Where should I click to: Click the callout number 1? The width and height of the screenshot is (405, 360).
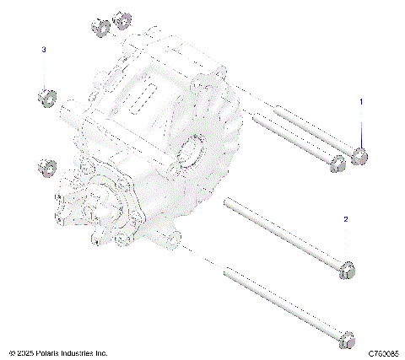pos(361,101)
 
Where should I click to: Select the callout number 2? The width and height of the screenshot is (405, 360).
pos(345,219)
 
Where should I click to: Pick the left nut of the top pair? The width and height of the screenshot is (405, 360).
pos(99,26)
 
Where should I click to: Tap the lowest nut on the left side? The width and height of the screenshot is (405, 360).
pos(46,167)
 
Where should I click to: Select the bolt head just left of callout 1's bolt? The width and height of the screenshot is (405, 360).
pos(337,163)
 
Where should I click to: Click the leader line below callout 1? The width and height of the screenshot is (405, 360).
pos(361,126)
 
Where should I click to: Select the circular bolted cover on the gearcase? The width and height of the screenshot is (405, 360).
pos(101,202)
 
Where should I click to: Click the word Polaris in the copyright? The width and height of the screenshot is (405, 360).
pos(46,352)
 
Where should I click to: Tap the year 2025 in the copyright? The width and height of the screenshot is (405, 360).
pos(24,352)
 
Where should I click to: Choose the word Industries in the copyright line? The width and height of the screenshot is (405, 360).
pos(78,352)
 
